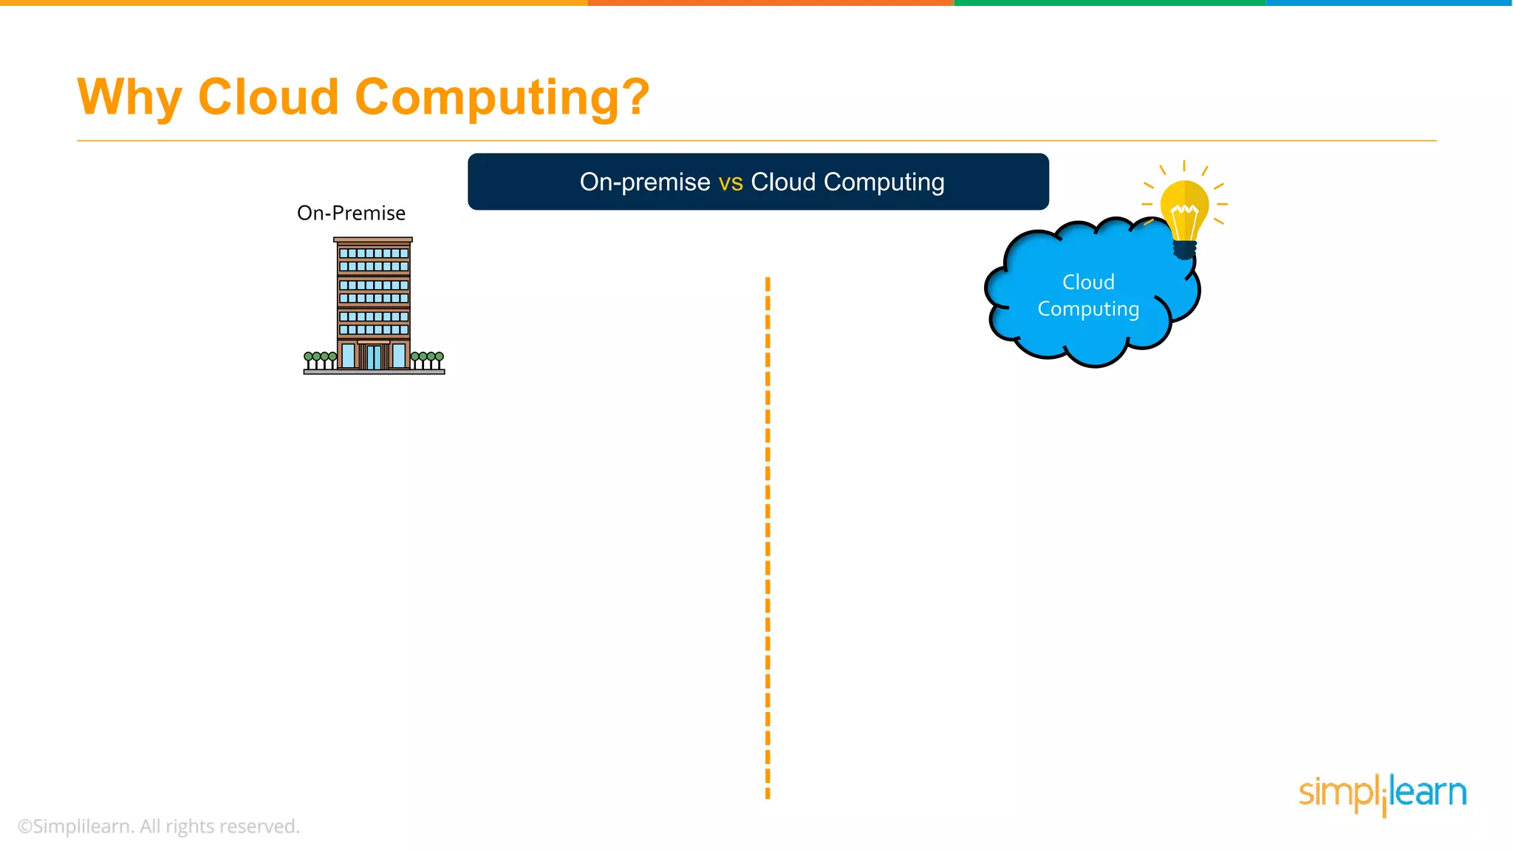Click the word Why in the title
(129, 97)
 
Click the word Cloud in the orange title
(268, 97)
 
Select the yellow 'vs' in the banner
(731, 182)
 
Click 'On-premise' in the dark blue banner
(645, 182)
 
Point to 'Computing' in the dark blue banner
(884, 182)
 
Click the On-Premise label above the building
(351, 213)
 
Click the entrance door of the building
(374, 356)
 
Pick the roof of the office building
(373, 240)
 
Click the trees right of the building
(427, 360)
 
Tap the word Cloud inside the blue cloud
(1088, 282)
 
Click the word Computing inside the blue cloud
(1088, 309)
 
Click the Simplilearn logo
(1382, 794)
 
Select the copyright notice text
(159, 827)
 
